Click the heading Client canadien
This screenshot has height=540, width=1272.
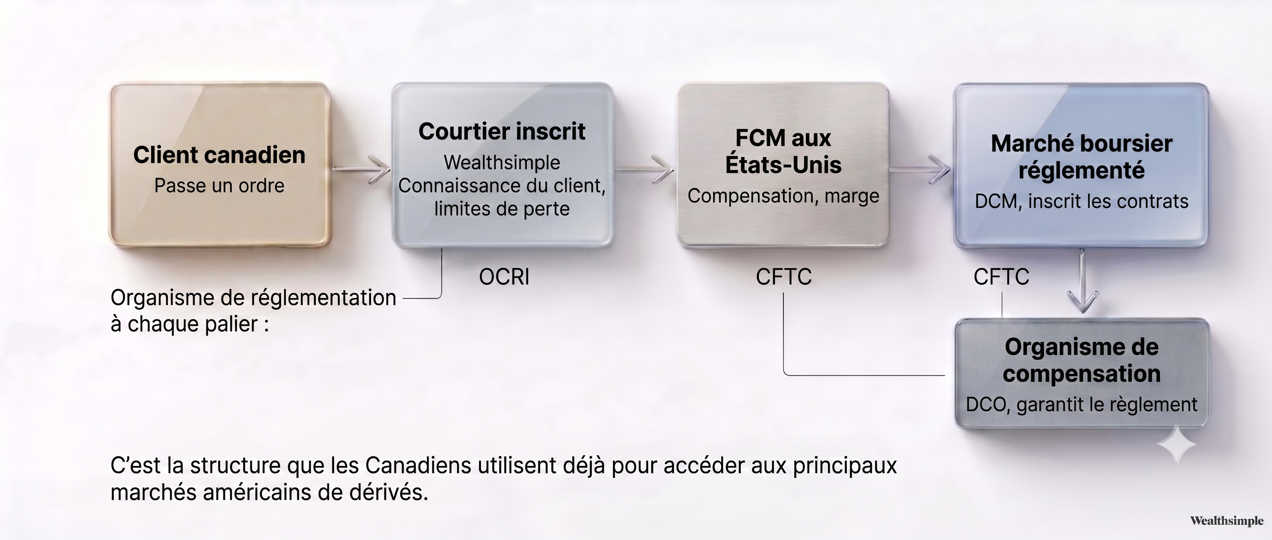tap(219, 155)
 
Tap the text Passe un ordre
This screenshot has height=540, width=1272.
tap(219, 186)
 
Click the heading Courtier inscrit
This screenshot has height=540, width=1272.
tap(502, 131)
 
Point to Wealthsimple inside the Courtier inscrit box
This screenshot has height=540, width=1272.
tap(502, 162)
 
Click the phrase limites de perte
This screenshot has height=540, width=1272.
tap(502, 209)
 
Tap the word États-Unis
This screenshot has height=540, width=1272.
tap(783, 164)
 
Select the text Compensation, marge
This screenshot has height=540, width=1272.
tap(783, 196)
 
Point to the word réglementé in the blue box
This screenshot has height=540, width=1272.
tap(1082, 170)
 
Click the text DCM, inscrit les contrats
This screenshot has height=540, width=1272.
tap(1082, 201)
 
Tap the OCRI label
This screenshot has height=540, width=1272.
tap(504, 277)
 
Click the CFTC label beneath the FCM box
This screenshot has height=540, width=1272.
tap(783, 277)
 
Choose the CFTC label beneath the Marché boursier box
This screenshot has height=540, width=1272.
tap(1001, 277)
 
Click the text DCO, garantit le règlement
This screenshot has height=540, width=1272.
tap(1082, 405)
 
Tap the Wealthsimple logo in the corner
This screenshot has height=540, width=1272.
tap(1227, 521)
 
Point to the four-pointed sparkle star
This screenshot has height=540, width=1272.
tap(1177, 445)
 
